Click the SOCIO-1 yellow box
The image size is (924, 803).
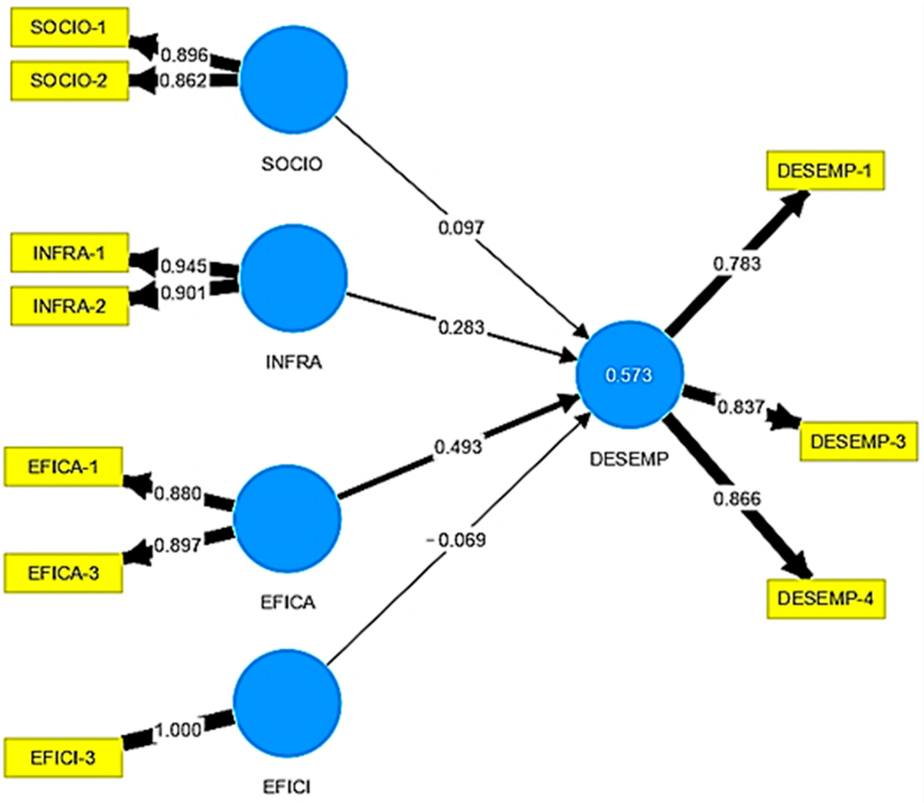click(69, 27)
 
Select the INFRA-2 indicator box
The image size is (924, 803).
click(69, 306)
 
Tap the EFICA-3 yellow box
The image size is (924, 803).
click(63, 573)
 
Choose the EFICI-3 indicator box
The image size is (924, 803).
click(63, 757)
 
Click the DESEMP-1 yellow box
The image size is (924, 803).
click(825, 171)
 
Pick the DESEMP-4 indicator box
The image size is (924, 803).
click(826, 599)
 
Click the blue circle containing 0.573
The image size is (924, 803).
click(629, 375)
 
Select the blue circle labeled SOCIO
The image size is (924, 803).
click(294, 79)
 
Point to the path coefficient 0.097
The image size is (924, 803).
click(461, 228)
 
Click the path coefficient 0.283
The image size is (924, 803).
click(461, 328)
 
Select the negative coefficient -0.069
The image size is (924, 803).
click(456, 540)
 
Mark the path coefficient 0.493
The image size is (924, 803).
click(458, 447)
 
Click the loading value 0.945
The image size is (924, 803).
click(183, 267)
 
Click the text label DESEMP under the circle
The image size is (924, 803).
click(629, 459)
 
